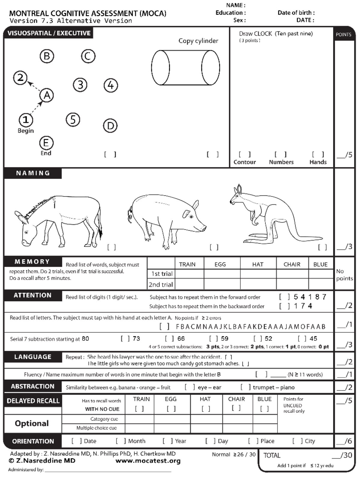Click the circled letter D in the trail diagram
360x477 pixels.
[x=110, y=126]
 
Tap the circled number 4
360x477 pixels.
[x=111, y=85]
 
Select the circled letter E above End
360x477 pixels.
[x=46, y=143]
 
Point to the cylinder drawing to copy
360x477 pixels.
[x=185, y=68]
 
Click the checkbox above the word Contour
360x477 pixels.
[x=244, y=154]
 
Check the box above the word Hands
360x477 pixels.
[x=318, y=154]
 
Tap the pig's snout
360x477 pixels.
[x=203, y=229]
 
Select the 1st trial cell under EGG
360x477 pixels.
[x=222, y=274]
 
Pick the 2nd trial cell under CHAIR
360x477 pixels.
[x=292, y=284]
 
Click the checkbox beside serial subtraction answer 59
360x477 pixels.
[x=214, y=338]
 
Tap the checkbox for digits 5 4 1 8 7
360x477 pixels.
[x=284, y=297]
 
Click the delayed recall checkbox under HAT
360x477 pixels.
[x=206, y=408]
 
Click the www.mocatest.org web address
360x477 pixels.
[x=148, y=461]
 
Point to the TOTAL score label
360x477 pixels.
[x=272, y=455]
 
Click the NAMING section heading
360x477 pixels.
[x=33, y=173]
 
